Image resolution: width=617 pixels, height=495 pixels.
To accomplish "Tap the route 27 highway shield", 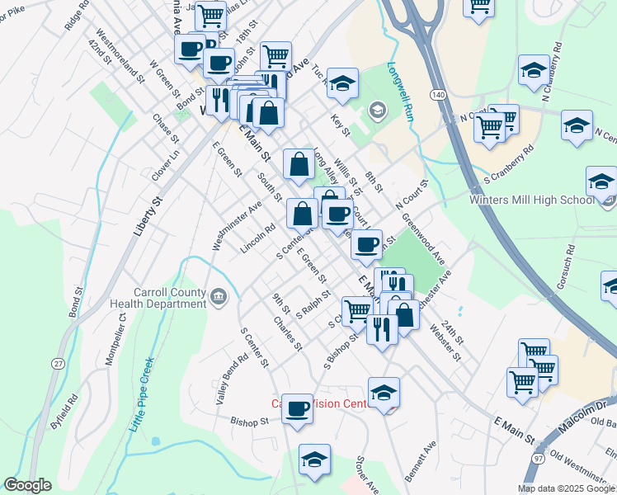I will coord(58,363).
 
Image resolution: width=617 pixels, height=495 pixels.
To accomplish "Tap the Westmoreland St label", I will coord(120,57).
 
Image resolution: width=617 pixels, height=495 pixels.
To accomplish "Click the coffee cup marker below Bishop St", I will coord(297,408).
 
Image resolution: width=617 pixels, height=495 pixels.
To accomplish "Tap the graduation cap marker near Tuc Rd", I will coord(342,83).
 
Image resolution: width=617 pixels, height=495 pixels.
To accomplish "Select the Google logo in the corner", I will coord(28,485).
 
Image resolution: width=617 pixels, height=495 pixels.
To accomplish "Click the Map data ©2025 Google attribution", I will coord(566,488).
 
